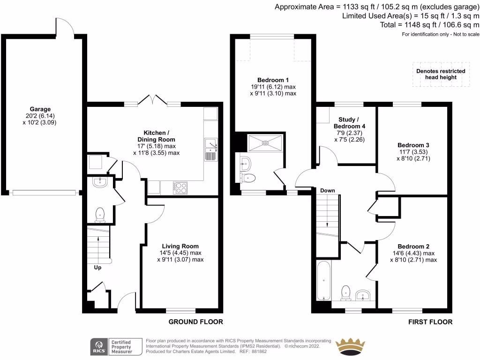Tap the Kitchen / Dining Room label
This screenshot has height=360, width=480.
click(159, 136)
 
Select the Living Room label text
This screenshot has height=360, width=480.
click(180, 246)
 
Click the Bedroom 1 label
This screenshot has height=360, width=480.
click(273, 80)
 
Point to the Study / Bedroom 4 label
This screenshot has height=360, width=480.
click(349, 122)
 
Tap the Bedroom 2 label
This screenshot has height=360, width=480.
click(413, 247)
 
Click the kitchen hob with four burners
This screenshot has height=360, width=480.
click(180, 187)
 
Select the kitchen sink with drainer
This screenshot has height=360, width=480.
click(211, 150)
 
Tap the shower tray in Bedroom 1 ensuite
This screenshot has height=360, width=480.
click(265, 142)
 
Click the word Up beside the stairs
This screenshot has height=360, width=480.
click(97, 268)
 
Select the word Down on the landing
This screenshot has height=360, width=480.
click(328, 191)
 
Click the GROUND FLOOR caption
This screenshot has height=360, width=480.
click(195, 322)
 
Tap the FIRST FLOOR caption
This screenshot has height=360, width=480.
click(430, 322)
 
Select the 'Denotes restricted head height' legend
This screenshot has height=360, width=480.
click(441, 74)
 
